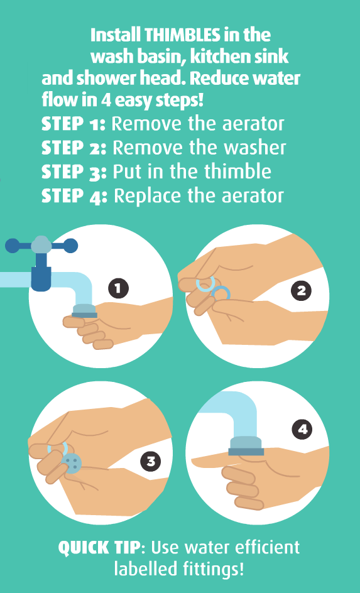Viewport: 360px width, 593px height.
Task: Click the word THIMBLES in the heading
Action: tap(183, 36)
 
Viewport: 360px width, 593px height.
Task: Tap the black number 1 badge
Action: tap(118, 289)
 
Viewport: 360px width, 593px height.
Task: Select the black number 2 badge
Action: tap(302, 290)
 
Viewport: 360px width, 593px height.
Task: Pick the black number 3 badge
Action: tap(151, 462)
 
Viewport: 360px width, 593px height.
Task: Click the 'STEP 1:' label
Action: tap(74, 124)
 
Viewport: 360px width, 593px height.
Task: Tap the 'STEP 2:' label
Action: tap(74, 148)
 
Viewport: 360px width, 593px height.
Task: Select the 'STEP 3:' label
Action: tap(74, 171)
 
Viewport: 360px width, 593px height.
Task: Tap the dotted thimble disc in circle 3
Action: tap(72, 464)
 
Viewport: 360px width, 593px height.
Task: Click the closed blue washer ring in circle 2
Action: tap(221, 294)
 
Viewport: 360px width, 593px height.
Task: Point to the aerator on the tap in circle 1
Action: tap(85, 311)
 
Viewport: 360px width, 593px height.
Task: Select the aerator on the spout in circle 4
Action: tap(246, 446)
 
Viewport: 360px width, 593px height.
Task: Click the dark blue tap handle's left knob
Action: tap(12, 246)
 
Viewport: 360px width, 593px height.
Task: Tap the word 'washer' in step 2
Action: tap(256, 148)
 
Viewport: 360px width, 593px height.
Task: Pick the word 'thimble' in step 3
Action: tap(238, 171)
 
